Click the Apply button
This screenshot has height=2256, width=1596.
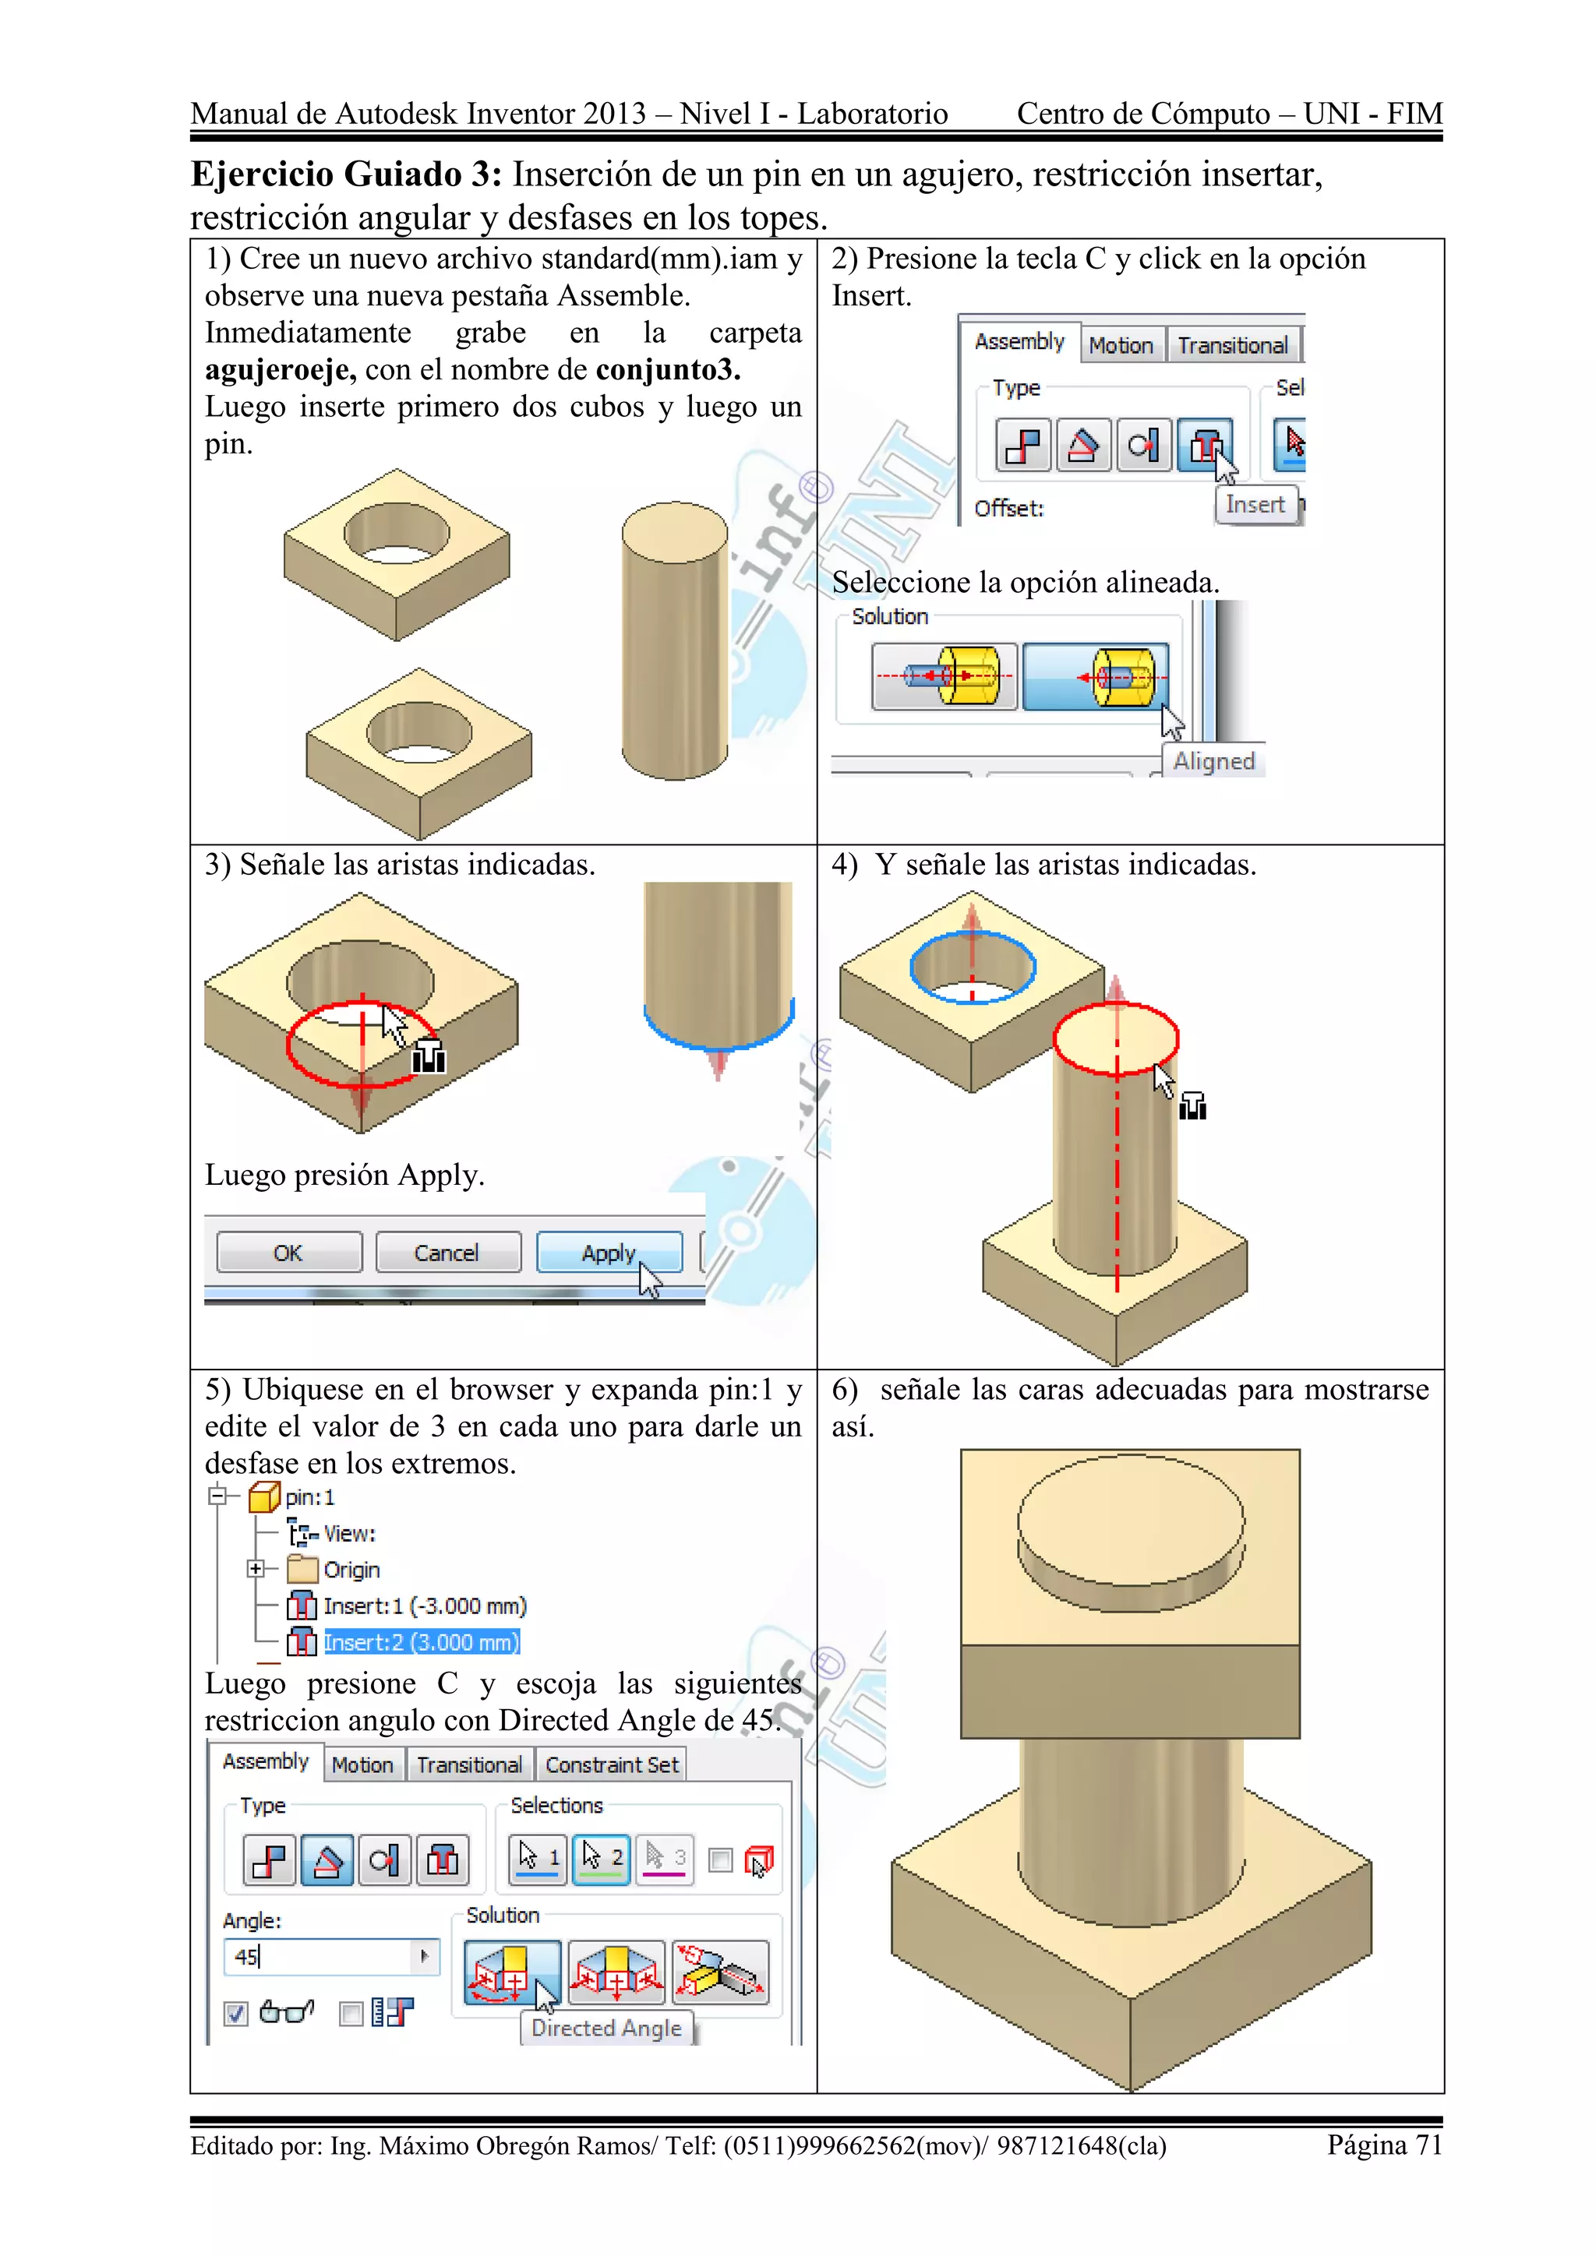[x=609, y=1253]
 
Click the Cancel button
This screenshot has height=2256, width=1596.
[x=447, y=1253]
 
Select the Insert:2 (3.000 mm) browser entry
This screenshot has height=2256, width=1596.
[x=421, y=1642]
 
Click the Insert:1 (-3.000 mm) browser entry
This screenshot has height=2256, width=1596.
[x=424, y=1606]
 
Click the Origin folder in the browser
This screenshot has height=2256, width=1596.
[x=351, y=1569]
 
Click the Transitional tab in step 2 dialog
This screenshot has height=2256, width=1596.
[x=1231, y=346]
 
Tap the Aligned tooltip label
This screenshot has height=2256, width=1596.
[x=1213, y=762]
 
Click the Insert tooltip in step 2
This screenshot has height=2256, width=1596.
[x=1255, y=505]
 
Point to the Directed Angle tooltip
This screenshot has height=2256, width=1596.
[x=606, y=2028]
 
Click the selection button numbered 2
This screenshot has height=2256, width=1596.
[x=602, y=1857]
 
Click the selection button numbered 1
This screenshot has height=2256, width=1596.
[x=538, y=1857]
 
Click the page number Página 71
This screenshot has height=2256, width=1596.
[x=1384, y=2145]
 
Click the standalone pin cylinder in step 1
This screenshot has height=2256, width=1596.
[x=674, y=643]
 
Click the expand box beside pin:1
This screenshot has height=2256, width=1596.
[x=218, y=1496]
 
